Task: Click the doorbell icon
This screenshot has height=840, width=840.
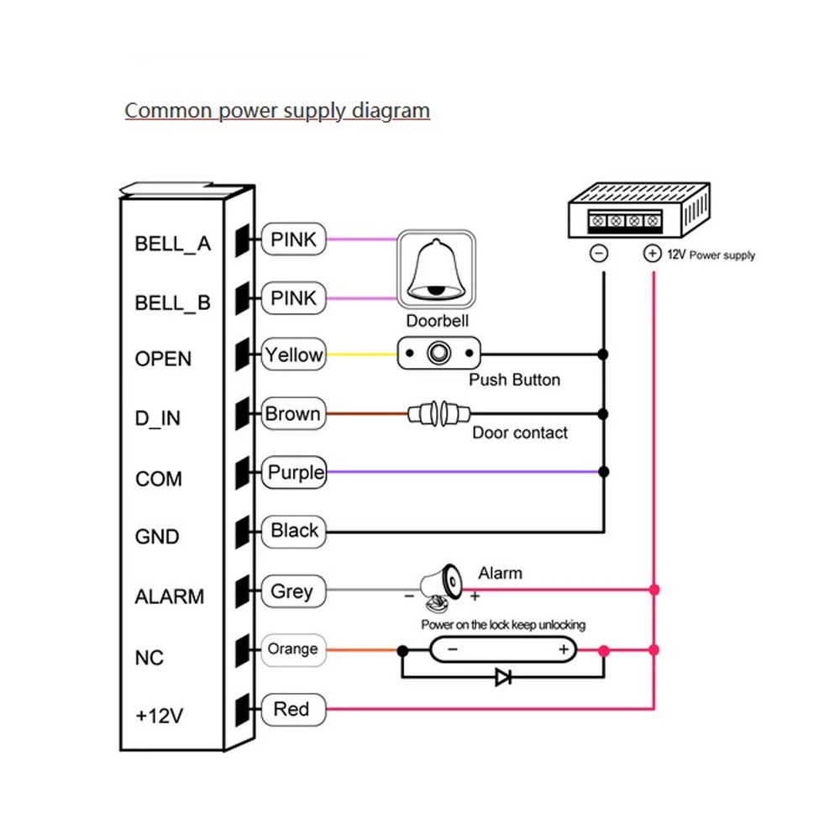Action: (x=436, y=270)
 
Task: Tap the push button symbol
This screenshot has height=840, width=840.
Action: (x=438, y=353)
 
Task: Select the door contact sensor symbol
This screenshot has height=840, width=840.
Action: (x=438, y=413)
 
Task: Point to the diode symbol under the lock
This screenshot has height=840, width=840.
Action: (x=503, y=677)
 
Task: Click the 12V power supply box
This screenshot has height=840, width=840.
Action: (x=639, y=210)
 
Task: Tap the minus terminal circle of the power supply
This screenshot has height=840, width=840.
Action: (x=598, y=254)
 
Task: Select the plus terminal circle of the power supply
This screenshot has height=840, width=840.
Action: (x=652, y=254)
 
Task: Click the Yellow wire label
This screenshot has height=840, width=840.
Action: (x=293, y=354)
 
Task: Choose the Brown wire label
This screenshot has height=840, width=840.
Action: (x=293, y=413)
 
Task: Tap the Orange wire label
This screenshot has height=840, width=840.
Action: (x=293, y=649)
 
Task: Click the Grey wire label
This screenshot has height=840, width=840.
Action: (x=293, y=591)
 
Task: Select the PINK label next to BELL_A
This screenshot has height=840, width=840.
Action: (x=293, y=239)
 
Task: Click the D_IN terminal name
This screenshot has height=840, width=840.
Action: (x=158, y=417)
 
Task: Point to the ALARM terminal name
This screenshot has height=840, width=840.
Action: (x=170, y=596)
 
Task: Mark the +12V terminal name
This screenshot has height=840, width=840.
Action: (x=159, y=716)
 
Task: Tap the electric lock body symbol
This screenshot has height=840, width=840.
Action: (x=503, y=650)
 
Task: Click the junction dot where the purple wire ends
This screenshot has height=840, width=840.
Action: (x=604, y=472)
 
